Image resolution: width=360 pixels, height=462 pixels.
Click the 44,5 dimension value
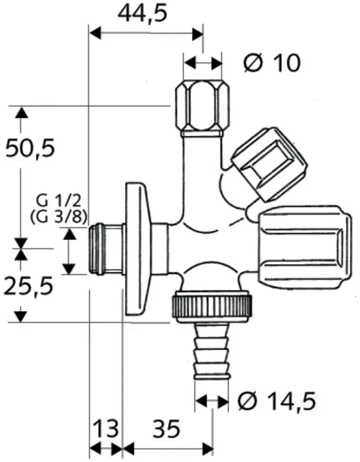142,14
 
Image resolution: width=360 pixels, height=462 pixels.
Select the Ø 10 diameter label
272,63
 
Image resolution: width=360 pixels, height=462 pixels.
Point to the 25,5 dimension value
28,286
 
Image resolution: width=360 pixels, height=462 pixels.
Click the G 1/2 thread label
58,201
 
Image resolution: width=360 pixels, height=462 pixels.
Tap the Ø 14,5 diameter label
277,401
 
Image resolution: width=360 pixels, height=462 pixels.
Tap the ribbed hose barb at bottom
211,351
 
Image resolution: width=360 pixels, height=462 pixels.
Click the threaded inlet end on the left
105,250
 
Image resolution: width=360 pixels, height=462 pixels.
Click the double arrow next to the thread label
69,251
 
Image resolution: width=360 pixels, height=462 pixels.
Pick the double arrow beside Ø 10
203,63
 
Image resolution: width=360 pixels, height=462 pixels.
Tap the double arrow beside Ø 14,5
212,401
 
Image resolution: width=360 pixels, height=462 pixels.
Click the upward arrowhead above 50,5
21,113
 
